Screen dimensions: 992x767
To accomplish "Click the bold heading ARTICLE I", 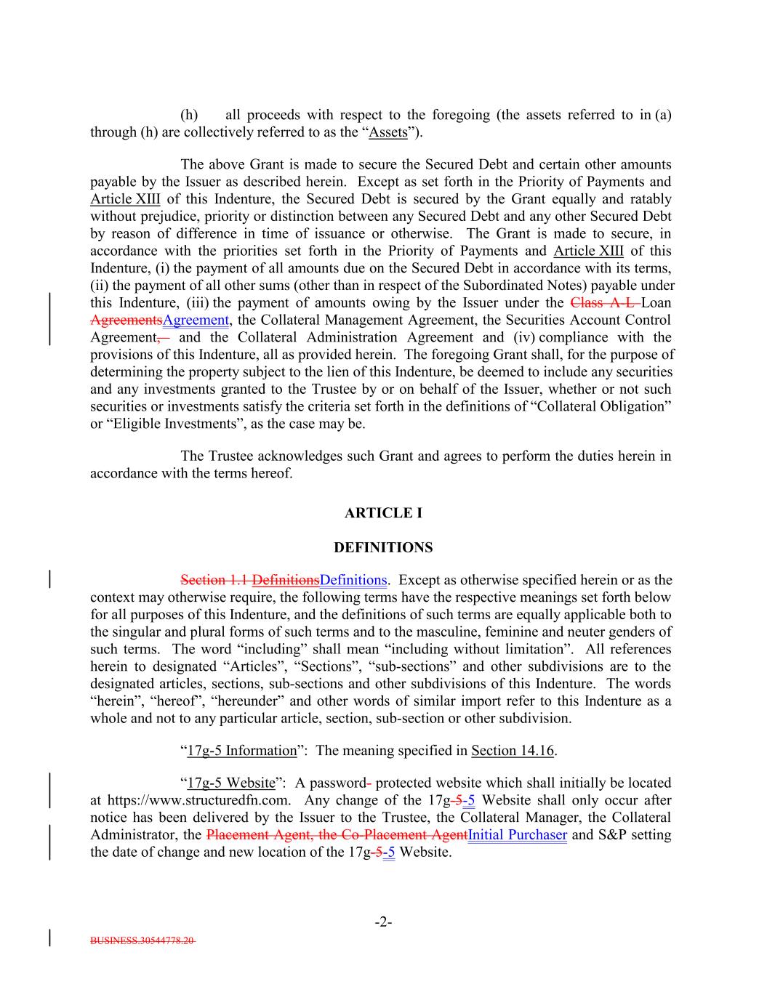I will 383,513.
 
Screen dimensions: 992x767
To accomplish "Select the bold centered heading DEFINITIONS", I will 383,547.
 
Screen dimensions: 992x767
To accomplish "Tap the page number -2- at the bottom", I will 383,923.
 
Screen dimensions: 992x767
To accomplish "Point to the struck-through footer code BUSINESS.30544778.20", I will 142,940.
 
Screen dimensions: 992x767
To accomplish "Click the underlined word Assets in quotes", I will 388,132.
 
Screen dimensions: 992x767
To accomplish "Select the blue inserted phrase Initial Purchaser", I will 518,835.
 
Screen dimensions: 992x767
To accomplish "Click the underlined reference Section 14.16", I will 513,751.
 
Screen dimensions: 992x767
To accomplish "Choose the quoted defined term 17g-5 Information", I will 242,751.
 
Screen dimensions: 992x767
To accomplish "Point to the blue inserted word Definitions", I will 353,581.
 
